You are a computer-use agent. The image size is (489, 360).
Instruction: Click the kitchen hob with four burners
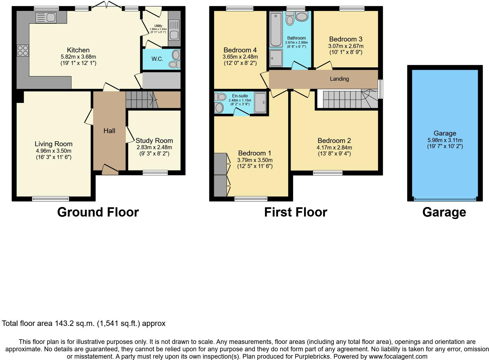(23, 50)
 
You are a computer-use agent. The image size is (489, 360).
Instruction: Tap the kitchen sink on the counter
(46, 17)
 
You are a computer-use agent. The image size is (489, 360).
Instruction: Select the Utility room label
(158, 26)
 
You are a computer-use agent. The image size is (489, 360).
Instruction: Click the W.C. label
(157, 59)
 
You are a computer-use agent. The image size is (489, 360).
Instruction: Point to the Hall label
(109, 131)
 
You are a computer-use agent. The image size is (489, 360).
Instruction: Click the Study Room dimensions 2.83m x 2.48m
(154, 147)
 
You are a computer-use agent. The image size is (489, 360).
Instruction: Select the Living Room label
(53, 144)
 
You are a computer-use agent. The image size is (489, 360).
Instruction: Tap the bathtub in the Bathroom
(276, 30)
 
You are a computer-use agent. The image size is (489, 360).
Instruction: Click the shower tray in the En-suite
(260, 103)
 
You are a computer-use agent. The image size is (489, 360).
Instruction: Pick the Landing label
(339, 79)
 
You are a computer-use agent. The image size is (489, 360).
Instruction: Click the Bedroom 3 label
(346, 39)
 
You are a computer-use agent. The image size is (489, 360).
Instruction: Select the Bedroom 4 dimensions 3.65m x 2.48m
(240, 57)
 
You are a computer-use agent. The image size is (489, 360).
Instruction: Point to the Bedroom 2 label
(334, 141)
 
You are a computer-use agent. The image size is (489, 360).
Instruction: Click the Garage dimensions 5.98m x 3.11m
(445, 140)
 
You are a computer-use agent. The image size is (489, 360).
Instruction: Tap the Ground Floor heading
(98, 212)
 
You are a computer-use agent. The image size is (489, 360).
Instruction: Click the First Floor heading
(296, 212)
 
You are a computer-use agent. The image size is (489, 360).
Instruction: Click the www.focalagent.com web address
(398, 356)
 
